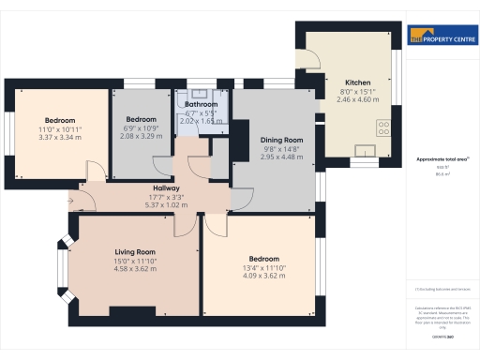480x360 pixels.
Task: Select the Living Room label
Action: tap(135, 252)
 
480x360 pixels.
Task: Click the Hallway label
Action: tap(166, 189)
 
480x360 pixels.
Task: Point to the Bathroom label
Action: tap(201, 105)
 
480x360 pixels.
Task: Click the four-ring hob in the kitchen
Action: tap(383, 127)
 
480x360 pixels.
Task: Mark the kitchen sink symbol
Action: tap(366, 149)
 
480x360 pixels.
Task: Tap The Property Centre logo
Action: tap(437, 37)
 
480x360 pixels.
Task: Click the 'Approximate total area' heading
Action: tap(437, 158)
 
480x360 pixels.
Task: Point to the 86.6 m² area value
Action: tap(437, 173)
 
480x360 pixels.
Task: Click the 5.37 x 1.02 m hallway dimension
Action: tap(166, 205)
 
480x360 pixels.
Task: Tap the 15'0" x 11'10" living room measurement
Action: tap(135, 261)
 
